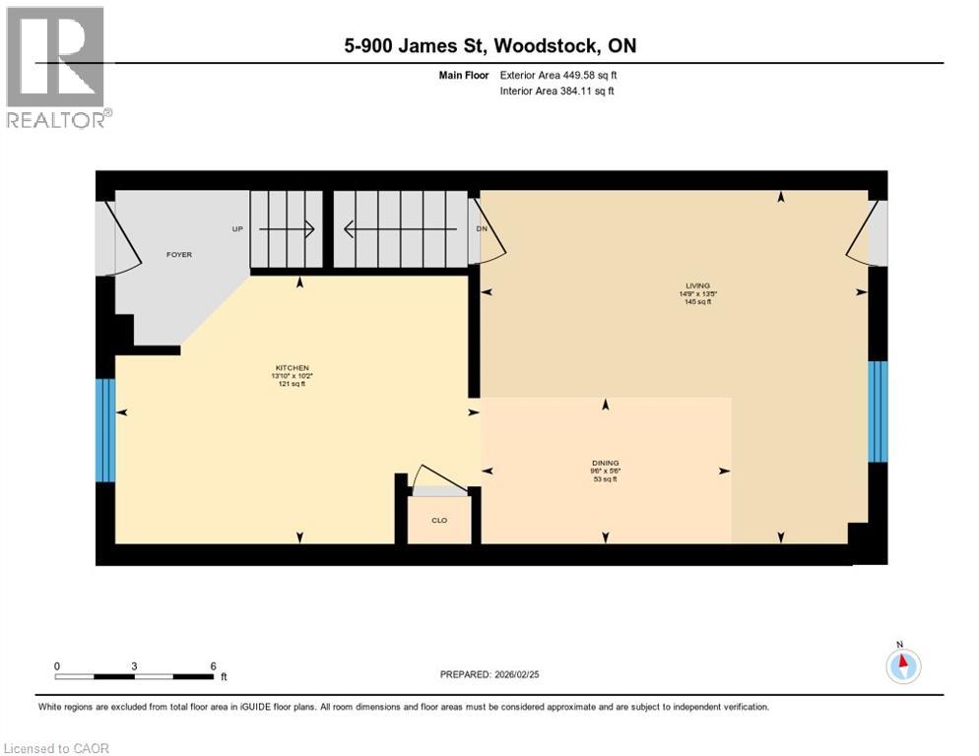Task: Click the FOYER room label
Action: [178, 255]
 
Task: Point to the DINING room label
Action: [605, 463]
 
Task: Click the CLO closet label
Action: [439, 520]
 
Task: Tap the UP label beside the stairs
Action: [237, 229]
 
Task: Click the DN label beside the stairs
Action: [482, 229]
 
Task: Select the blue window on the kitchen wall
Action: [105, 430]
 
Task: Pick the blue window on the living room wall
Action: [878, 411]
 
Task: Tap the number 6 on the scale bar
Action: [213, 665]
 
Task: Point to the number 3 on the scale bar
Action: [134, 665]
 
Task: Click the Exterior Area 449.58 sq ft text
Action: [558, 75]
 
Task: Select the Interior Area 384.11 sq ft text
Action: [557, 92]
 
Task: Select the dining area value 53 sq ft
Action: [605, 479]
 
